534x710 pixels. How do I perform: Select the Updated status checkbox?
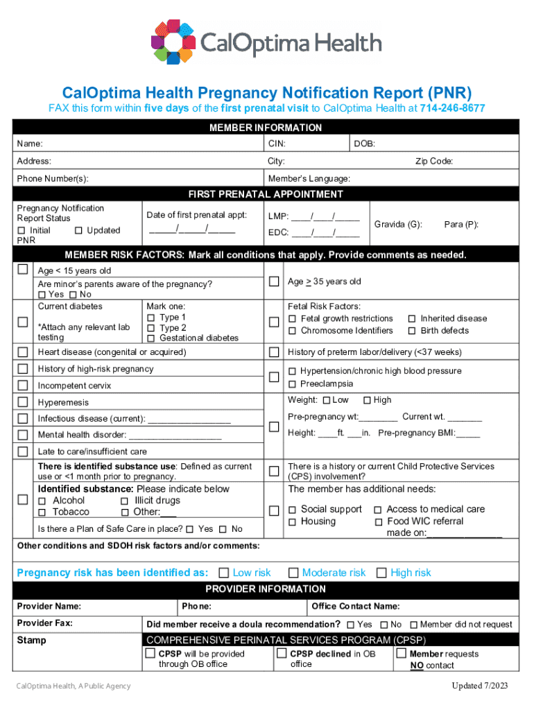coord(78,230)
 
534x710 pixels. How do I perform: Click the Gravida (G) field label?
coord(398,225)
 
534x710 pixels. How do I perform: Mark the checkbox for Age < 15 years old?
coord(24,269)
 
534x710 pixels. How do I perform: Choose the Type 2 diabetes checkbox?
coord(150,328)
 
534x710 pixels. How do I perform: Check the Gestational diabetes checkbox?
coord(150,338)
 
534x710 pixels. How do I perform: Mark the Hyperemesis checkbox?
coord(24,402)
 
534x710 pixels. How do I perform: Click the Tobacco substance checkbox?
coord(42,512)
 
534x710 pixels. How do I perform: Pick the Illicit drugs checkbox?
coord(125,501)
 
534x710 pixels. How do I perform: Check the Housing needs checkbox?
coord(293,521)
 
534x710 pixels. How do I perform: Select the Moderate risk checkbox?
coord(293,573)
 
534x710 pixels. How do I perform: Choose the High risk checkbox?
coord(381,573)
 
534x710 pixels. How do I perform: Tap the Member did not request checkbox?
coord(413,625)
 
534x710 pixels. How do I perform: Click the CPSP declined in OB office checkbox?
coord(282,653)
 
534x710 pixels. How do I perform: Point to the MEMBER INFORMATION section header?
coord(266,128)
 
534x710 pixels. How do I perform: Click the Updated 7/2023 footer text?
coord(480,686)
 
